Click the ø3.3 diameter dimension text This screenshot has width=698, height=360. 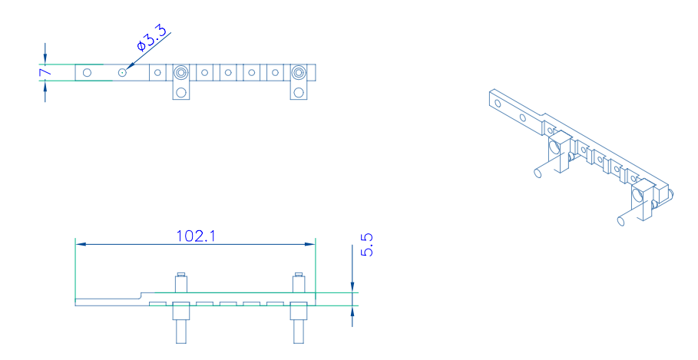(152, 38)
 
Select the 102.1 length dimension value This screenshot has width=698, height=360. (196, 236)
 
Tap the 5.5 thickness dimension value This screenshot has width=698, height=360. (367, 245)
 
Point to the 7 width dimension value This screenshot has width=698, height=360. (45, 72)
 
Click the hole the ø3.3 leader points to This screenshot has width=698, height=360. (122, 72)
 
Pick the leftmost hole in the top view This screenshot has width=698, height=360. (88, 72)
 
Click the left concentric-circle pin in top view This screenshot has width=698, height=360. (180, 72)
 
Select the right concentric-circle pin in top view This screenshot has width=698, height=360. (299, 72)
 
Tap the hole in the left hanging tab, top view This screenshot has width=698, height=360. (180, 92)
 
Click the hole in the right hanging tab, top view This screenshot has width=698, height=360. (299, 92)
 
